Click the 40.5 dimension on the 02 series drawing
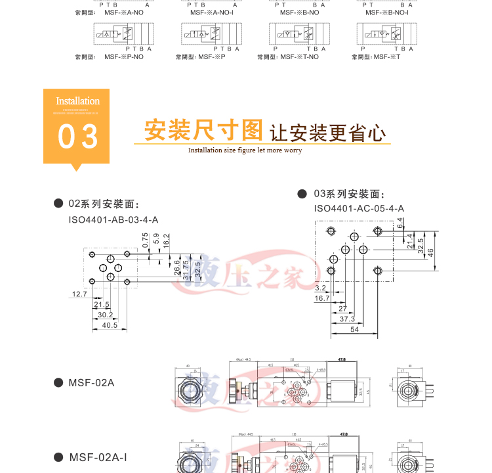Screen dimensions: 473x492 click(110, 325)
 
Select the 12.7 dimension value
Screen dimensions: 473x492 click(79, 294)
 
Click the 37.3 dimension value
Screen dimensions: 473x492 click(347, 319)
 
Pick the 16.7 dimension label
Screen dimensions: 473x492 click(323, 298)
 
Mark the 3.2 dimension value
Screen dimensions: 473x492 click(320, 288)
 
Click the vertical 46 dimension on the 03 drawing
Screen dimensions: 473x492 click(431, 251)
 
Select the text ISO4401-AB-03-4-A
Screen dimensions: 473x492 click(113, 219)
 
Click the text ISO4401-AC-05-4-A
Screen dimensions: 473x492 click(359, 208)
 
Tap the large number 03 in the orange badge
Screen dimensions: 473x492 click(78, 137)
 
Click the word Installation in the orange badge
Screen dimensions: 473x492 click(77, 101)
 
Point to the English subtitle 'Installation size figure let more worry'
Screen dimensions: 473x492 click(245, 150)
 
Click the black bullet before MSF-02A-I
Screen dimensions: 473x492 click(58, 457)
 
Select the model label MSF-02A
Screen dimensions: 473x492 click(91, 382)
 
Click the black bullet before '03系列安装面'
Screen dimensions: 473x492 click(302, 194)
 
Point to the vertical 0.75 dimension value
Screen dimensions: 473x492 click(146, 240)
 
